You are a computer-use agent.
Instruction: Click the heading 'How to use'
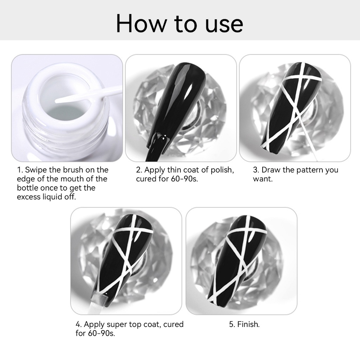180,24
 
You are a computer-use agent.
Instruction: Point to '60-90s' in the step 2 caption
184,179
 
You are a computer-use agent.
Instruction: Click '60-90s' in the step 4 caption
101,333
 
